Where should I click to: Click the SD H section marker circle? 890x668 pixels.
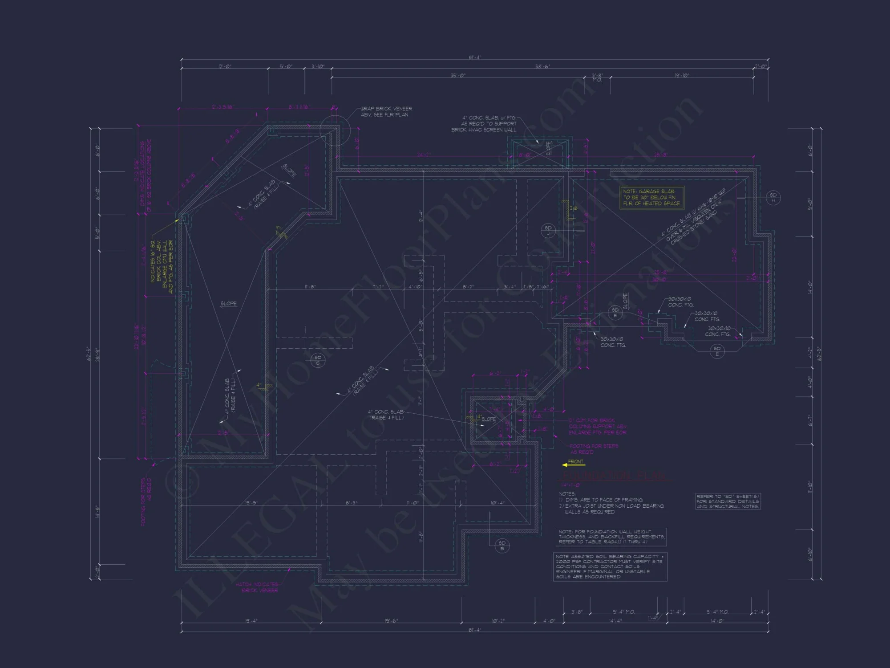[773, 197]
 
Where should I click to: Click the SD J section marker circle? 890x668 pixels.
[548, 230]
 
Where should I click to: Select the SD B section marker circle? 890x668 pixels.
[502, 545]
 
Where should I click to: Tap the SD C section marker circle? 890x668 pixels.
[318, 360]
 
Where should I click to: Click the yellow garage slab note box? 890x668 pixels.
[651, 197]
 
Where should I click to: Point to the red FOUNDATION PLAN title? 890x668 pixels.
[614, 476]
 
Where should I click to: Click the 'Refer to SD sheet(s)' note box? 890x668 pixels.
[728, 501]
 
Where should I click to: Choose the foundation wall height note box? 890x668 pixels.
[611, 537]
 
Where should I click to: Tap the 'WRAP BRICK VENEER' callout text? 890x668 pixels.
[386, 111]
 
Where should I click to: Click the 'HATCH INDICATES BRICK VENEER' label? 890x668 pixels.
[257, 587]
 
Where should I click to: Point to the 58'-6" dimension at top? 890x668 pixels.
[542, 66]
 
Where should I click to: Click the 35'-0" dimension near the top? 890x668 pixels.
[457, 75]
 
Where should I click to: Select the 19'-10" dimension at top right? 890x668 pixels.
[682, 75]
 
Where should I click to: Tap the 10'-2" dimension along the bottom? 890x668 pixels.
[498, 620]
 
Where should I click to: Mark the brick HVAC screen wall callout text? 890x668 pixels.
[484, 124]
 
